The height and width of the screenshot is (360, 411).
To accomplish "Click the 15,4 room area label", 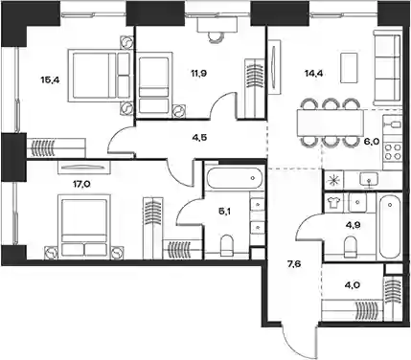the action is (x=50, y=79).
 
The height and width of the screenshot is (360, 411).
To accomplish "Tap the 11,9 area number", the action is (x=198, y=74).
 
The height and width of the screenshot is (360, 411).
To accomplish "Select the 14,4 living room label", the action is (x=313, y=74).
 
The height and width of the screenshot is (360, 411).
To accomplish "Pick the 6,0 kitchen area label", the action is (x=372, y=141).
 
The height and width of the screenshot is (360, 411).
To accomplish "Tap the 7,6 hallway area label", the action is (x=294, y=263).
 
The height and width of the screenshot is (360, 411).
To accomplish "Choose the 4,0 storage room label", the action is (x=353, y=284).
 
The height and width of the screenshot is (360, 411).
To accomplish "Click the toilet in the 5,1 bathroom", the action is (x=227, y=245).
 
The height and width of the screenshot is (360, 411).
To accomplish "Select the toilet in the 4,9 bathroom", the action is (x=350, y=246).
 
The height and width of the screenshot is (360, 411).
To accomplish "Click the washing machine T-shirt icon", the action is (x=333, y=202).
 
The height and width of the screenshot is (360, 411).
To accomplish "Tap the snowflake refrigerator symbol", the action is (x=333, y=180).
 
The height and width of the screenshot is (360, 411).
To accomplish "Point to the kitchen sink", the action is (x=369, y=179).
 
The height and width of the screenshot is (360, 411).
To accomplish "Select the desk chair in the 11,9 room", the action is (x=217, y=36).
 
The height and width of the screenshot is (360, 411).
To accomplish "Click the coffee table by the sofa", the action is (x=349, y=68).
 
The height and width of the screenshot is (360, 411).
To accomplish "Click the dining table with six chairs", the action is (x=331, y=123).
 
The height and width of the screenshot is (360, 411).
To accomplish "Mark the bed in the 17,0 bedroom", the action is (x=84, y=226).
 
